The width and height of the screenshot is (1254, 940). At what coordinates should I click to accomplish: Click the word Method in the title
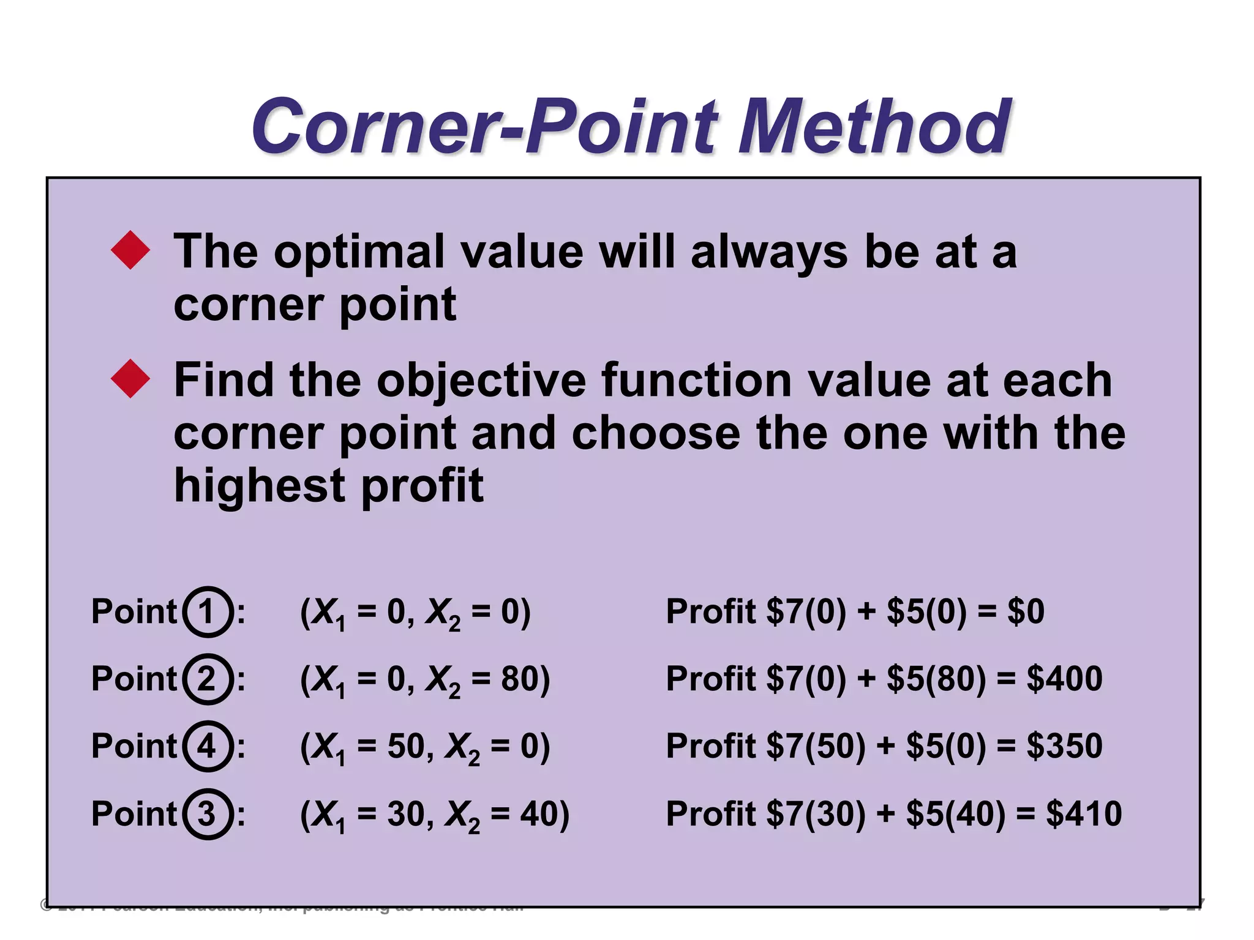point(874,127)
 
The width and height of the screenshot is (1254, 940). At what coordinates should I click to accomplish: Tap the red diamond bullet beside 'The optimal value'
point(130,250)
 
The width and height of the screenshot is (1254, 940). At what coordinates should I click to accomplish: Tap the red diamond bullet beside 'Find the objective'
point(130,379)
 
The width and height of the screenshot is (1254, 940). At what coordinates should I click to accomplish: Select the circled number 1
point(208,611)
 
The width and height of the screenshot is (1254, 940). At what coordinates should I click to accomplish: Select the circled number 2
point(208,679)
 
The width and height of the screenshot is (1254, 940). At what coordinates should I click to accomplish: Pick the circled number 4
point(208,746)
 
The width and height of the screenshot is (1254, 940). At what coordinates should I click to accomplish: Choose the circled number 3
point(208,813)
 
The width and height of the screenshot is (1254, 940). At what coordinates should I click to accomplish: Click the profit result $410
point(1083,813)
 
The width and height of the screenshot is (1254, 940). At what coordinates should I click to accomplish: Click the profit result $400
point(1064,679)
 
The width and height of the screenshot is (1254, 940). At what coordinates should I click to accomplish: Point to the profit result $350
point(1064,746)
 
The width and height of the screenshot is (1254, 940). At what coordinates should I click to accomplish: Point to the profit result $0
point(1026,611)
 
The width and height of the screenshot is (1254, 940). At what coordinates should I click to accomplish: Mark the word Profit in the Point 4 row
point(710,746)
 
